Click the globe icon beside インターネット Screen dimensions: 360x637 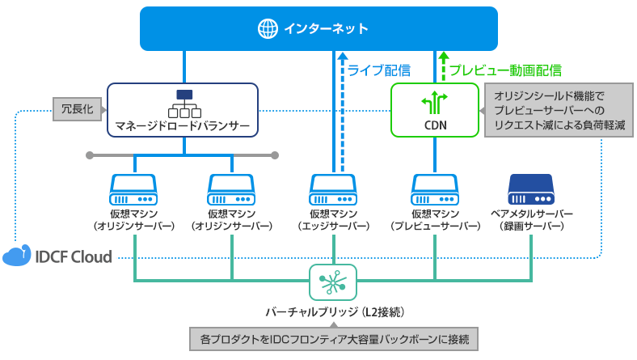[x=267, y=29]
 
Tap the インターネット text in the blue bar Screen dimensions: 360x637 [x=326, y=29]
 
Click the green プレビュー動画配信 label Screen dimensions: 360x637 [x=504, y=70]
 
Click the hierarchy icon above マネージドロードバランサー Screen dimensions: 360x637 [x=184, y=103]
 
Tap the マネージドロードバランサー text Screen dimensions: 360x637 [x=184, y=127]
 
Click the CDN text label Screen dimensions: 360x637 [x=435, y=125]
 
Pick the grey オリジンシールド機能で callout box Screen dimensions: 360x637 [x=559, y=110]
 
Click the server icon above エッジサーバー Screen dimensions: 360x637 [x=333, y=189]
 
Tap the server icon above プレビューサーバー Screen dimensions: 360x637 [x=434, y=189]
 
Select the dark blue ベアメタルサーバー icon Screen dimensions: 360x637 [x=531, y=189]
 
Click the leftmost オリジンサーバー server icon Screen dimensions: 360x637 [x=133, y=189]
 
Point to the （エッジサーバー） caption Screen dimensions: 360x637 [x=333, y=227]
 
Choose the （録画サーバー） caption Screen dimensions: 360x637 [x=531, y=227]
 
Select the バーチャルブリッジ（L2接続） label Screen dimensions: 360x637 [x=333, y=311]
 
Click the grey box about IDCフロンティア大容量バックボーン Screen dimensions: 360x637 [x=333, y=337]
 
